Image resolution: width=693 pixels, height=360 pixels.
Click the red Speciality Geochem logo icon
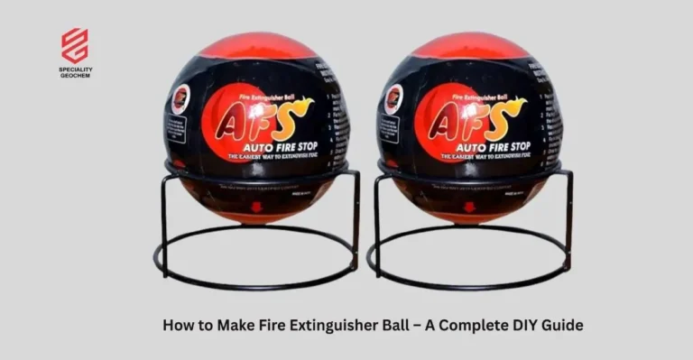75,44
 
